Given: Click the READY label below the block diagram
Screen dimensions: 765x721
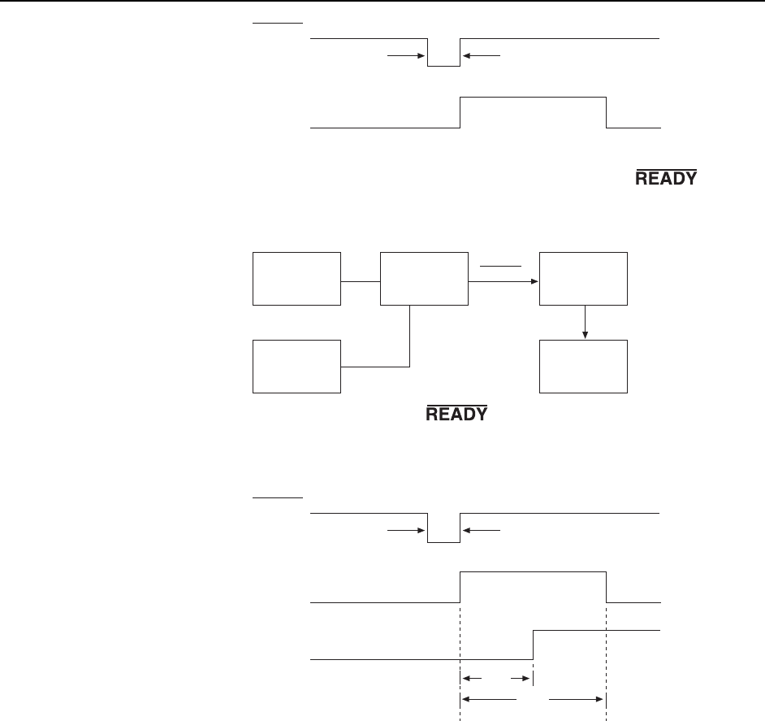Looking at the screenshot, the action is [456, 414].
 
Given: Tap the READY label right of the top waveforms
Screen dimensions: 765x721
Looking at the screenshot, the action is [665, 178].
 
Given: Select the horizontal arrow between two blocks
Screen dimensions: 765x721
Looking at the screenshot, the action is [504, 282].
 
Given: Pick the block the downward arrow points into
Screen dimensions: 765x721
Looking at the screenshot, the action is [584, 366].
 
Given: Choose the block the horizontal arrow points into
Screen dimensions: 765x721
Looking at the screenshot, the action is [584, 278].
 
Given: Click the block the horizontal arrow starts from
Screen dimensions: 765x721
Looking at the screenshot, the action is [425, 278].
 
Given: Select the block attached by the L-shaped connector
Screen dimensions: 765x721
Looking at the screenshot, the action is [296, 366].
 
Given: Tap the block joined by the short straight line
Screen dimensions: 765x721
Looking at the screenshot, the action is [296, 278].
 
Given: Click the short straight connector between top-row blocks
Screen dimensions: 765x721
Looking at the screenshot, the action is [361, 282].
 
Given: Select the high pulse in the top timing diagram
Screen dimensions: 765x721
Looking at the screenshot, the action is [533, 97].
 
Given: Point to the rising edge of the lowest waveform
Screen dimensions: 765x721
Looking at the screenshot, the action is [533, 644].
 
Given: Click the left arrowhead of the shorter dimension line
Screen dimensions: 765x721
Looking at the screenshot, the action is [465, 676].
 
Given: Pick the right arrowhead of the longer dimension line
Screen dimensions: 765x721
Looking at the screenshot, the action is [601, 697].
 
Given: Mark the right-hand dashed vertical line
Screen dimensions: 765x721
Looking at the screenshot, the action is [607, 650].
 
